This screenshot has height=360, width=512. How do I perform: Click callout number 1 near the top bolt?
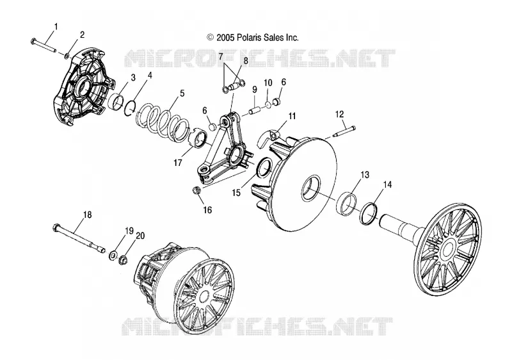pos(56,27)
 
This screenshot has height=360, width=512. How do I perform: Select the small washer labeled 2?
pos(67,56)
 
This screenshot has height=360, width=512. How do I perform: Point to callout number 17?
pos(178,162)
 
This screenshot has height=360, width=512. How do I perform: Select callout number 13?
pos(365,175)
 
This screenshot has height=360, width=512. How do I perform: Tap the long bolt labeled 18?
pos(79,238)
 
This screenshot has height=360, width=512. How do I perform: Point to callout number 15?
pos(236,193)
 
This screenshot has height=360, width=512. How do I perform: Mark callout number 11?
pos(292,116)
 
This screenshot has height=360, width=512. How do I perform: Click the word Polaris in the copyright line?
pos(257,38)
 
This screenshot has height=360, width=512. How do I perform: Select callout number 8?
pos(246,60)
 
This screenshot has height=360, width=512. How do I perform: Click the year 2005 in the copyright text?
pos(225,38)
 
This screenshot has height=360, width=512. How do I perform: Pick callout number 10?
pos(268,83)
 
